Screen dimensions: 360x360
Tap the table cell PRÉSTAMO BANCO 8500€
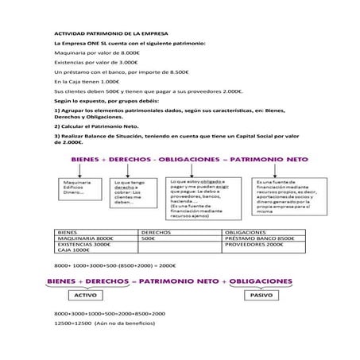(x=265, y=238)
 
